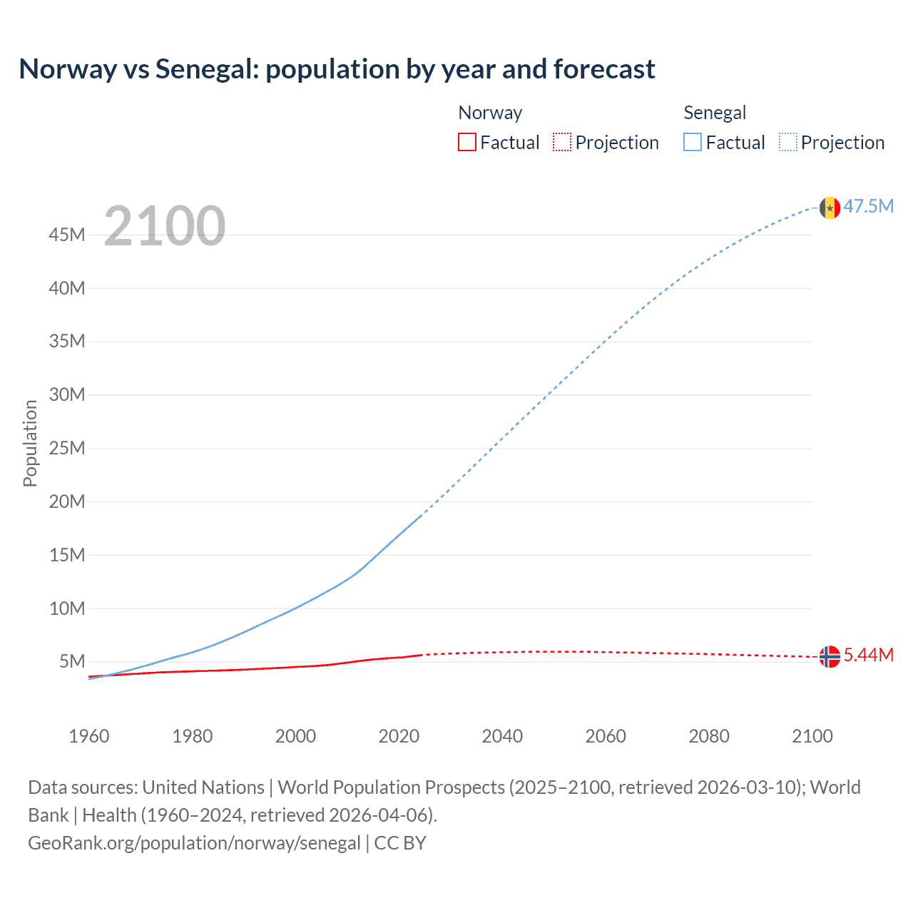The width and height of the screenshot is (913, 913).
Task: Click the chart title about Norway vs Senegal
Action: (337, 69)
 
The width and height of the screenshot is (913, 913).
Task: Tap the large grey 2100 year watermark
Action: (165, 226)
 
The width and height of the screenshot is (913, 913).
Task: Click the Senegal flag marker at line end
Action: (830, 208)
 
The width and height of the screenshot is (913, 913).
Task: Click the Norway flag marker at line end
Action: (830, 656)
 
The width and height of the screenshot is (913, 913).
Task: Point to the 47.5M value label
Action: (869, 206)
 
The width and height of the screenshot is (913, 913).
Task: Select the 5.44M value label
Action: (869, 655)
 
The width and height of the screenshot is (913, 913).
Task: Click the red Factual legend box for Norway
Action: (467, 142)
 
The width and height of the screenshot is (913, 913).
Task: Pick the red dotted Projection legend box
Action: (562, 142)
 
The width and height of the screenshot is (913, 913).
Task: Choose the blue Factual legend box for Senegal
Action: (693, 142)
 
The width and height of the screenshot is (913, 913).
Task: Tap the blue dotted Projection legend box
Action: (788, 142)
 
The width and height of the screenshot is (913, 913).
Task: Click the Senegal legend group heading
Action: (715, 113)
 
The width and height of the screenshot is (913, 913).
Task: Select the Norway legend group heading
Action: (490, 113)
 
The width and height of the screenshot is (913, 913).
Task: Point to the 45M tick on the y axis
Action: (67, 235)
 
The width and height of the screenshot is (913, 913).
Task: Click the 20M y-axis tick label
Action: (67, 501)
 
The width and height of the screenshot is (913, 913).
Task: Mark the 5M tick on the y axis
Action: (72, 661)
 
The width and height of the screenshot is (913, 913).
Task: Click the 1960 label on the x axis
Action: (89, 736)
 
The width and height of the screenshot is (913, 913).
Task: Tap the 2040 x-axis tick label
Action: (502, 736)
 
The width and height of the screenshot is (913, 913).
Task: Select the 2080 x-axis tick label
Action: (709, 736)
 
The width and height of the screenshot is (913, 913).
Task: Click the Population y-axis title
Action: (30, 443)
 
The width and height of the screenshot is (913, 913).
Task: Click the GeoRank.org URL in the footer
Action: (194, 842)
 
